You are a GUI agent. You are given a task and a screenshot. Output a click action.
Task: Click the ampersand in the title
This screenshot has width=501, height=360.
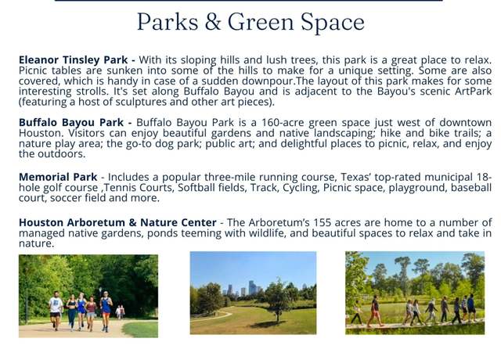tap(214, 22)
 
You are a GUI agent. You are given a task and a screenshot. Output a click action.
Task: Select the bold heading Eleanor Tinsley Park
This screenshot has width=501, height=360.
tap(73, 59)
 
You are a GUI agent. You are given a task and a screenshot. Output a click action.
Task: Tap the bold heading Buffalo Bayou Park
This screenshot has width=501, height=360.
tap(71, 122)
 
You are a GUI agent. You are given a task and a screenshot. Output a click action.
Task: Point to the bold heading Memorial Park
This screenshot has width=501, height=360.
tap(58, 177)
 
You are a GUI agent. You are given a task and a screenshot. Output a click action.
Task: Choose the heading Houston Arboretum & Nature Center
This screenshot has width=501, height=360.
tap(117, 222)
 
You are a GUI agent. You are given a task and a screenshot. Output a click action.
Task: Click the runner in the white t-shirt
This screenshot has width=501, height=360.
tap(56, 310)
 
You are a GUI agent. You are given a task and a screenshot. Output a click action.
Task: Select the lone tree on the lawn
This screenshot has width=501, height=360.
tap(276, 301)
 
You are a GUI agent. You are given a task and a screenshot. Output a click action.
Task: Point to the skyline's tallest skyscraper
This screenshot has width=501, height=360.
tap(252, 288)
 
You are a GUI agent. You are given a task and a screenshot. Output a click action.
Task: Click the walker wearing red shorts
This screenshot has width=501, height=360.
tap(374, 311)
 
